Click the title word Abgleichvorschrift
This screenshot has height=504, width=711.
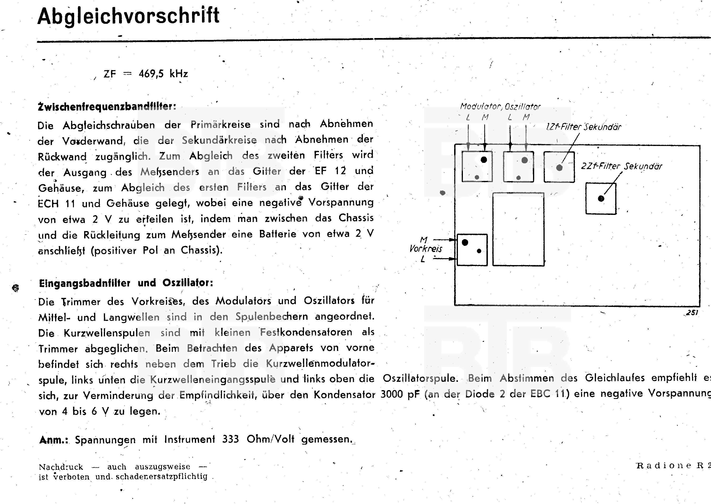point(128,16)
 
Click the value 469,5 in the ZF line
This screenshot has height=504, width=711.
point(151,74)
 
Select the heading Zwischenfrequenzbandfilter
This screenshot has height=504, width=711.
point(107,107)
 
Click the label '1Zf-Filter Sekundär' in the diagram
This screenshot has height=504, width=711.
point(583,127)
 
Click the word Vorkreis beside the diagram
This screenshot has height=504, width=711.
point(426,249)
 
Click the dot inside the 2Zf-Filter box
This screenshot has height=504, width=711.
point(601,199)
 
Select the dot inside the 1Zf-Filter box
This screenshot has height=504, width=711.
point(559,168)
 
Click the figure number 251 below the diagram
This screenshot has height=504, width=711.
point(692,313)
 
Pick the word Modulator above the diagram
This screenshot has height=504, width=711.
point(480,107)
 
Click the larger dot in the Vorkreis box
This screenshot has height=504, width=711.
point(465,242)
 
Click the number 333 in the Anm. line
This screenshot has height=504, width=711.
point(231,439)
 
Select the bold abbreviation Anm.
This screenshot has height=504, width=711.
point(53,440)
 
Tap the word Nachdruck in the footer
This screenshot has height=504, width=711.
point(61,467)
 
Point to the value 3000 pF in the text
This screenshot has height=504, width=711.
point(400,394)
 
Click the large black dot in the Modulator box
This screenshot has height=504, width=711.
point(484,160)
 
